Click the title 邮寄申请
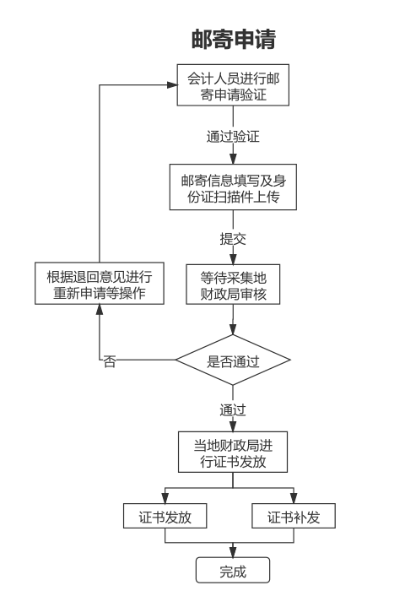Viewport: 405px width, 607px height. (x=233, y=40)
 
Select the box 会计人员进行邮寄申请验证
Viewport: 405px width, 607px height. (x=233, y=85)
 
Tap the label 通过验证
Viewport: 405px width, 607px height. (x=233, y=134)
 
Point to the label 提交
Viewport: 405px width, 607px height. (x=233, y=238)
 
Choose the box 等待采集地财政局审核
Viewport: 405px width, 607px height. (x=233, y=284)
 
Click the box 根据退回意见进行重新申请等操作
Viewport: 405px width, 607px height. (x=99, y=284)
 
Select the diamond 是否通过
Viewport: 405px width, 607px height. (x=233, y=360)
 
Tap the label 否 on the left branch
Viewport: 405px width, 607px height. (x=110, y=361)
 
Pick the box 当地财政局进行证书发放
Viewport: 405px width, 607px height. (x=233, y=453)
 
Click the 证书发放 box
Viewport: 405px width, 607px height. (x=165, y=518)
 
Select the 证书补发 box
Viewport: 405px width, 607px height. (x=294, y=518)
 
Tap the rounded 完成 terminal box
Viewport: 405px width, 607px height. (x=233, y=570)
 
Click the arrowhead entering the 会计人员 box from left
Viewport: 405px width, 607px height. (x=171, y=85)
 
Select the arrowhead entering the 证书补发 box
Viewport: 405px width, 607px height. (x=294, y=499)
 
